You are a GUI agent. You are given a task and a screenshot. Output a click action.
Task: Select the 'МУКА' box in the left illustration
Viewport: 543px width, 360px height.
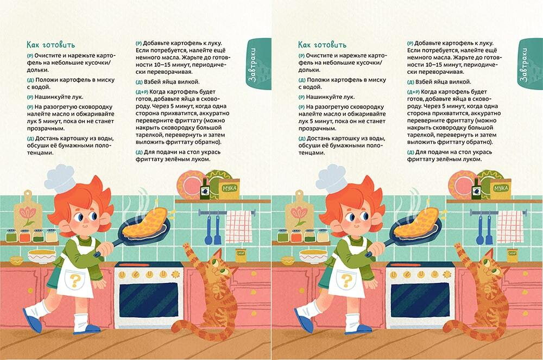pyautogui.click(x=228, y=188)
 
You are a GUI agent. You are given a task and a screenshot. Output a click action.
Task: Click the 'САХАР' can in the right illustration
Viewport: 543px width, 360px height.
pyautogui.click(x=512, y=254)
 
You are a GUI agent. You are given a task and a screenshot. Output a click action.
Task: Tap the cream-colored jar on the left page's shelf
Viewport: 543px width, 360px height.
pyautogui.click(x=51, y=235)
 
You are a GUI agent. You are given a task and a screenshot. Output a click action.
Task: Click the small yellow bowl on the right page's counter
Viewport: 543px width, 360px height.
pyautogui.click(x=283, y=259)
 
